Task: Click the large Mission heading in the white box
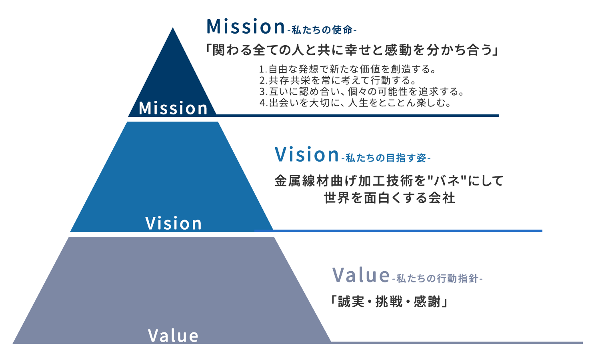click(246, 27)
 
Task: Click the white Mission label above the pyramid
click(173, 108)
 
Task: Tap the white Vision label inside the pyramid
click(174, 223)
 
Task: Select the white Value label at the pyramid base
click(173, 336)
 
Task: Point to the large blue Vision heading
click(307, 154)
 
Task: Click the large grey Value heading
click(361, 275)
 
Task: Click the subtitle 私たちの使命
click(322, 30)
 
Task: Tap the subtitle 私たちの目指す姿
click(386, 158)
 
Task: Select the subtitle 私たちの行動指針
click(437, 278)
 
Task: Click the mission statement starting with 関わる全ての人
click(352, 50)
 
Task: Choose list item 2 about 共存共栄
click(338, 80)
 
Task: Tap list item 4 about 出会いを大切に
click(356, 103)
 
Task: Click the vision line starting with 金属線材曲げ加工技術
click(388, 181)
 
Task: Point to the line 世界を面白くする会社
click(389, 198)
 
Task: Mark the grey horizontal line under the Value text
click(456, 342)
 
